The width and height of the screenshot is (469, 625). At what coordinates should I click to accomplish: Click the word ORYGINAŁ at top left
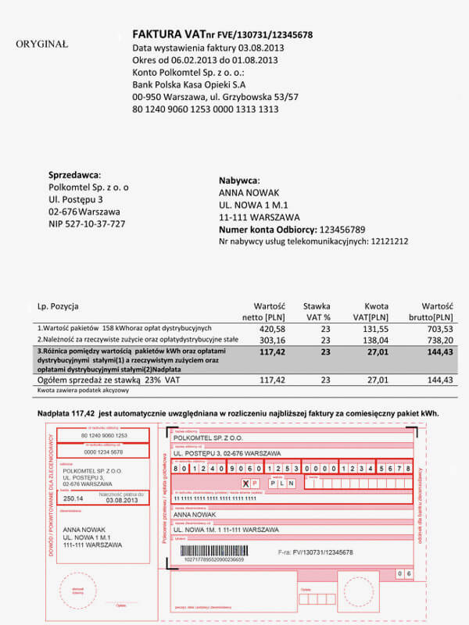pyautogui.click(x=41, y=45)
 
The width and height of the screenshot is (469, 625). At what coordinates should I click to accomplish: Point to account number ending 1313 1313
pyautogui.click(x=206, y=109)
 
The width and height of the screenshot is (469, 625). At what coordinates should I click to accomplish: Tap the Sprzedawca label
pyautogui.click(x=74, y=175)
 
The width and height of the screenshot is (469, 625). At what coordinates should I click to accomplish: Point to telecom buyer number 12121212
pyautogui.click(x=389, y=242)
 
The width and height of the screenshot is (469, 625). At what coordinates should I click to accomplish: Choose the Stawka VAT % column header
pyautogui.click(x=317, y=312)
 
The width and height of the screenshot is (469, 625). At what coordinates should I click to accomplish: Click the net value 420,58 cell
pyautogui.click(x=268, y=329)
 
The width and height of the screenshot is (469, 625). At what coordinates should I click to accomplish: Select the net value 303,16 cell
pyautogui.click(x=268, y=341)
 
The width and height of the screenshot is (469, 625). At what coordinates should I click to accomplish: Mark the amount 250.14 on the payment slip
pyautogui.click(x=73, y=498)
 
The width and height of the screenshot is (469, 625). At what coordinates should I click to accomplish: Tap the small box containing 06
pyautogui.click(x=404, y=573)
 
